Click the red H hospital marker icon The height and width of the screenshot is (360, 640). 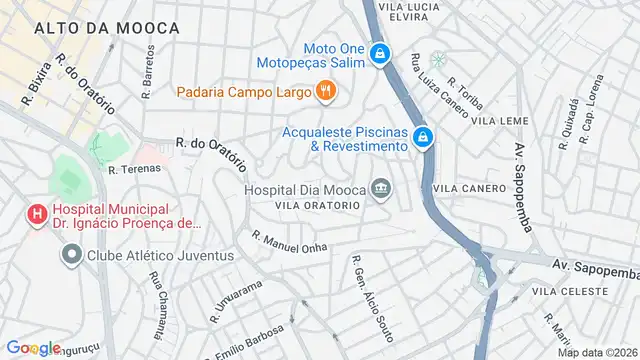point(38,212)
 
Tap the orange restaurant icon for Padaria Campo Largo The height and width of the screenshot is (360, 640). point(325,92)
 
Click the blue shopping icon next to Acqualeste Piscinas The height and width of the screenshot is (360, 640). point(424,136)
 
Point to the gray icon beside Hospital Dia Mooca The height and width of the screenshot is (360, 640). point(380,187)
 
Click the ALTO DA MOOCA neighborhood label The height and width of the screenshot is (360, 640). point(106,29)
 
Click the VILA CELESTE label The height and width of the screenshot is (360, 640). point(570,291)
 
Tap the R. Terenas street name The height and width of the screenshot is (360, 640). point(134,169)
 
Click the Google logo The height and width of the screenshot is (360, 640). point(33,347)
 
